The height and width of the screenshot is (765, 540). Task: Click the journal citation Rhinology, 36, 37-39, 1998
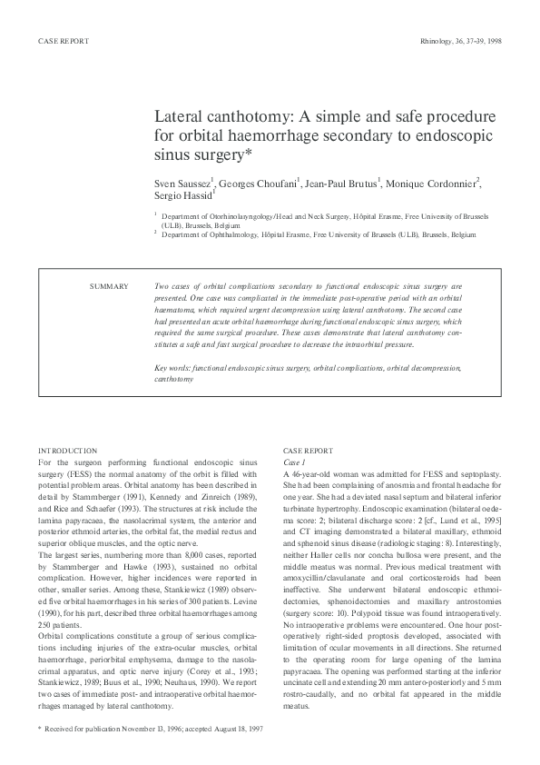coord(463,42)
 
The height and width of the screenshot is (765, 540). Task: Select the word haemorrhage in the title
coord(274,136)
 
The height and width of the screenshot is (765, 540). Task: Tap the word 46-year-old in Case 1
coord(312,474)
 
